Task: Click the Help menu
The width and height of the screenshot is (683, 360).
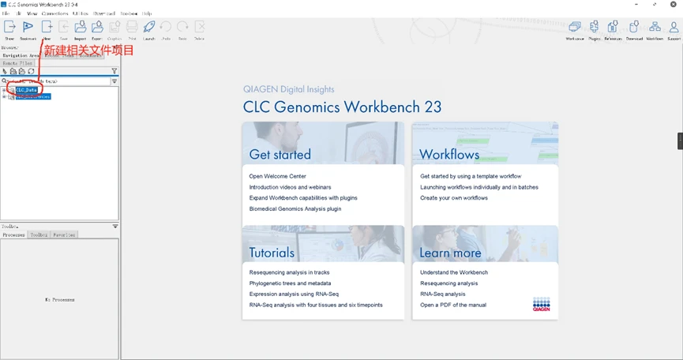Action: point(147,13)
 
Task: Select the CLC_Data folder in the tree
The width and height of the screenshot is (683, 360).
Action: point(27,90)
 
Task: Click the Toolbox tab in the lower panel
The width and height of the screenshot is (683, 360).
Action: point(39,234)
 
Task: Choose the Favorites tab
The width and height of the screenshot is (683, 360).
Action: point(64,234)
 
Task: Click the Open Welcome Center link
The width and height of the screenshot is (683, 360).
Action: point(277,176)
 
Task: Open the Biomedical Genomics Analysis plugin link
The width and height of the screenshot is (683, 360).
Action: point(295,209)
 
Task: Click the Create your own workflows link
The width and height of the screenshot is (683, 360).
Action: point(454,198)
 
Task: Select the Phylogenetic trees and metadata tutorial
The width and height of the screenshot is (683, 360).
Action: point(290,283)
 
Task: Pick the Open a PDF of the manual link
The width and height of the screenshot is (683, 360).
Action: point(453,305)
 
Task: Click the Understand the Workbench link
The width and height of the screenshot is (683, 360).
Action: point(454,272)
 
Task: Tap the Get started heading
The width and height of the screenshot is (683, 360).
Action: point(280,154)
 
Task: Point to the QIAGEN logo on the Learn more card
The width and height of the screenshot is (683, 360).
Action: point(542,305)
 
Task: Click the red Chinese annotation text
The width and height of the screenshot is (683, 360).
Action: point(88,51)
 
